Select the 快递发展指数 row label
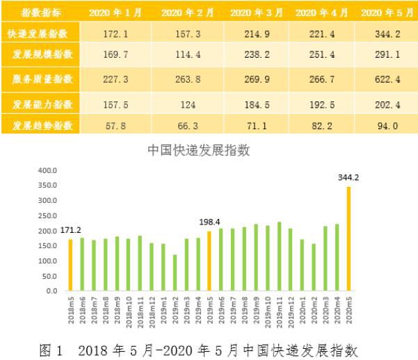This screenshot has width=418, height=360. (x=40, y=33)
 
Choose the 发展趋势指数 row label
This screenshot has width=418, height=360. (x=40, y=125)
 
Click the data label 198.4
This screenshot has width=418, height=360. (x=209, y=223)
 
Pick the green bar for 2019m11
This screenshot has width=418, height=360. (x=279, y=256)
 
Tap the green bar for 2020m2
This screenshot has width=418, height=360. (x=314, y=267)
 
